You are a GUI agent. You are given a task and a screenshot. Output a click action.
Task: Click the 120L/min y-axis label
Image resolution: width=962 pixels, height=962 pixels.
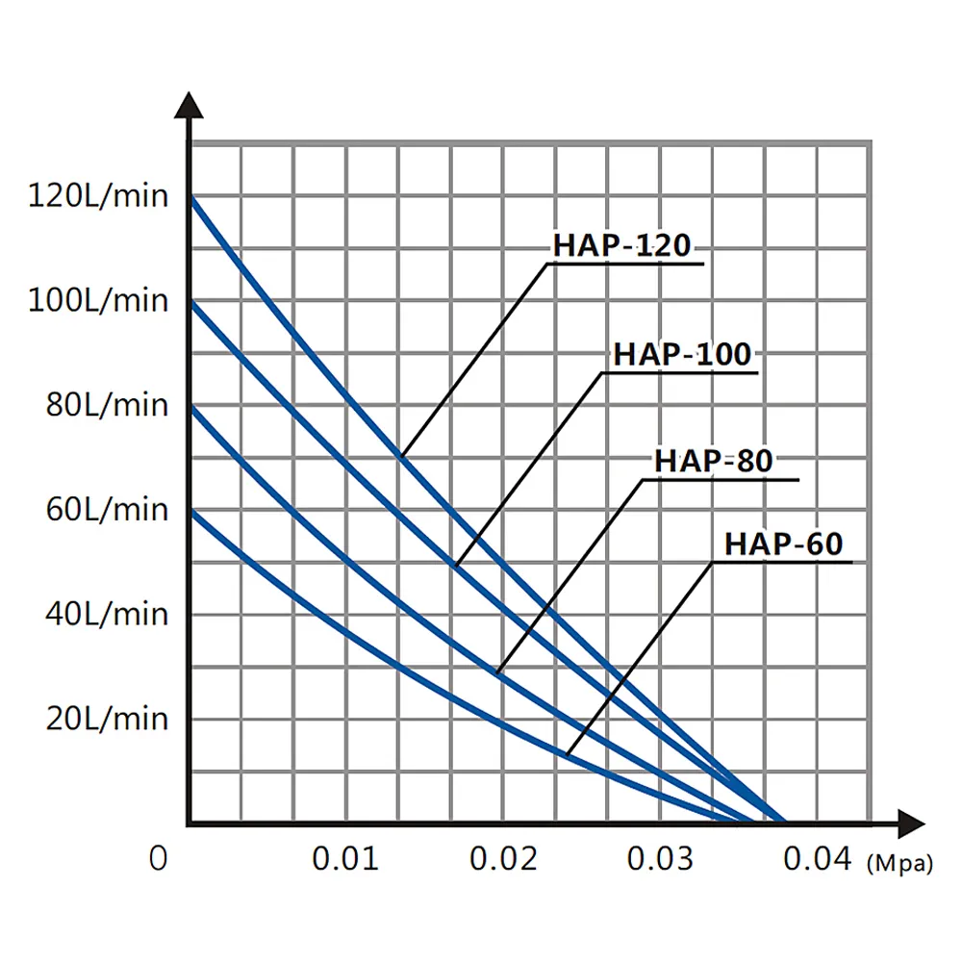[98, 196]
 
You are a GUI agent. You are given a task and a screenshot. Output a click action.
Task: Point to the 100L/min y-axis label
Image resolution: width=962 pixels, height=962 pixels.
[98, 300]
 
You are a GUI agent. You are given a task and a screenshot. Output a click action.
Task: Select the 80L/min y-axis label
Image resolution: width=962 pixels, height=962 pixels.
[107, 405]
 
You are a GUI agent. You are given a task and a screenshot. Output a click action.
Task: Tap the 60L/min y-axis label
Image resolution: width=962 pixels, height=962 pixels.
[107, 509]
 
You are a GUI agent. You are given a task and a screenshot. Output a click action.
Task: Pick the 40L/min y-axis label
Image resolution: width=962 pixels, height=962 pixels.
[107, 614]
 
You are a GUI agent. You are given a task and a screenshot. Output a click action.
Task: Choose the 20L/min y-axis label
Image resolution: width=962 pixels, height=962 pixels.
[107, 718]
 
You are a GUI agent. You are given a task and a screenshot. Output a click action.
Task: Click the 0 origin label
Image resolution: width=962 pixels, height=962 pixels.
[159, 858]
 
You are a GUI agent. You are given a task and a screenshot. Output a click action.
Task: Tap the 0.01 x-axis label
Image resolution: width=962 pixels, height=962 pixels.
[344, 858]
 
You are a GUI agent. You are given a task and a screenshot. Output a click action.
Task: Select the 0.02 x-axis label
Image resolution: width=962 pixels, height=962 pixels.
[502, 858]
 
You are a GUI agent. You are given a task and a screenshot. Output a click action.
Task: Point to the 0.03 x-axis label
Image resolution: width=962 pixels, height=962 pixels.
[660, 858]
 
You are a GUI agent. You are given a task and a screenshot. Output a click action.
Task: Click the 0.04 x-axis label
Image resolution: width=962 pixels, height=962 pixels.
[817, 858]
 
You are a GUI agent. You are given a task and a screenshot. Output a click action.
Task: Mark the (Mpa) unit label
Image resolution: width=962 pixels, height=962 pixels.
[899, 864]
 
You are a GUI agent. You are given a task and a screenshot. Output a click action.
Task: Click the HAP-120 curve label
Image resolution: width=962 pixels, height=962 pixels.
[621, 246]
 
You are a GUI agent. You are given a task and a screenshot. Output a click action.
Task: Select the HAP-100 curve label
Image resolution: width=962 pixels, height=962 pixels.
[682, 354]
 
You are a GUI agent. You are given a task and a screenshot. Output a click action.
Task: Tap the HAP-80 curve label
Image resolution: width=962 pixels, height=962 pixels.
[714, 461]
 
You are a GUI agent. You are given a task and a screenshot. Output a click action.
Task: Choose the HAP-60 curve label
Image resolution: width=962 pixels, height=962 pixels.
[783, 544]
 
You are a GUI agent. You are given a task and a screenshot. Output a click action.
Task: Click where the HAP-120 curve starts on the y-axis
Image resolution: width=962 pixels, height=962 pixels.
[191, 196]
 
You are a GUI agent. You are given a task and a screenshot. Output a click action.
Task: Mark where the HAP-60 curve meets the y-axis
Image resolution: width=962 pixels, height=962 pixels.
[191, 511]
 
